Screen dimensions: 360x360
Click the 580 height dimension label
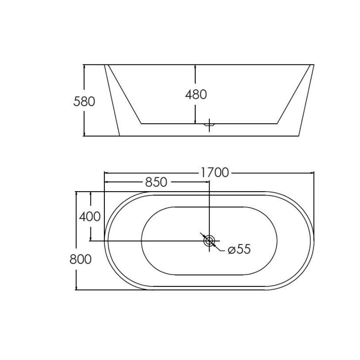coord(84,102)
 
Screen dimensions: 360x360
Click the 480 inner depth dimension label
coord(196,95)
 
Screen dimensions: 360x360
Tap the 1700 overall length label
coord(214,173)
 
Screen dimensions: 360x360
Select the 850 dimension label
coord(156,182)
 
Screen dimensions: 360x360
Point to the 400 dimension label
coord(90,217)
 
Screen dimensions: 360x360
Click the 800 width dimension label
coord(80,259)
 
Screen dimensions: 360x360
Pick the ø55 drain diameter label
coord(239,250)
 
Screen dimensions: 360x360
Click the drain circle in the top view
coord(209,241)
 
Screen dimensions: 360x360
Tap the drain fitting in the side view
coord(209,125)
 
